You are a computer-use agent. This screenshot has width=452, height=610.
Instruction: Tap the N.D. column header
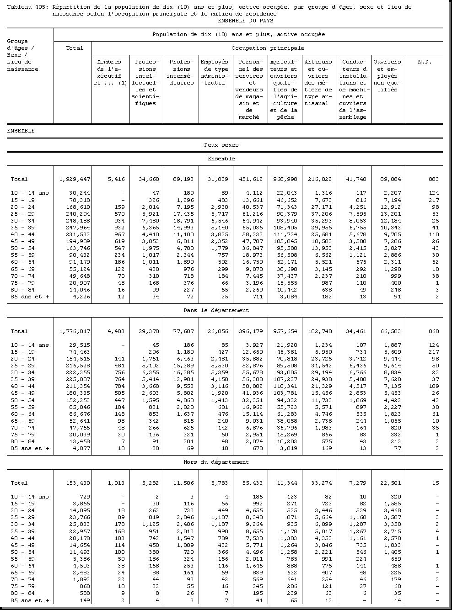point(424,62)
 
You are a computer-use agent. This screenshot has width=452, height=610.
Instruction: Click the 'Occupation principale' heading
point(267,48)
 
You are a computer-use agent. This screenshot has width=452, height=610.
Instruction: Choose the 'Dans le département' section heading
point(216,311)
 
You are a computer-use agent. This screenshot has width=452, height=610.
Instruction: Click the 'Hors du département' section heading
point(216,462)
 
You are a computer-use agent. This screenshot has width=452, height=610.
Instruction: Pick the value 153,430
point(75,483)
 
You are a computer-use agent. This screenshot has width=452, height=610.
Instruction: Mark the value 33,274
point(320,483)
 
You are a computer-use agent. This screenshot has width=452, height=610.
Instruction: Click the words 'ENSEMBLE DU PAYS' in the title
point(246,21)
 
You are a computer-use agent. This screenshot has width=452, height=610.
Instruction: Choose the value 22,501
point(389,483)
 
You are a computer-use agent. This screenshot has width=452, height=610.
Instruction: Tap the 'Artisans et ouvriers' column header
point(318,83)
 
